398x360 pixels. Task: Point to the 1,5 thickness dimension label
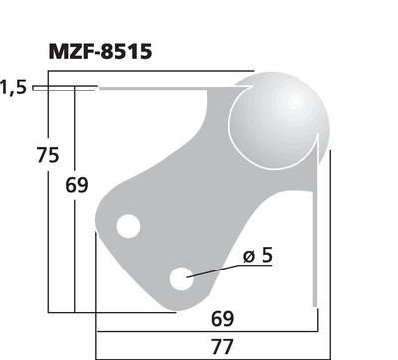[13, 89]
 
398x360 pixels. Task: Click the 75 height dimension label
[48, 155]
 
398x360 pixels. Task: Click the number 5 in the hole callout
[266, 257]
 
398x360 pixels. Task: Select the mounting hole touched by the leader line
[181, 279]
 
